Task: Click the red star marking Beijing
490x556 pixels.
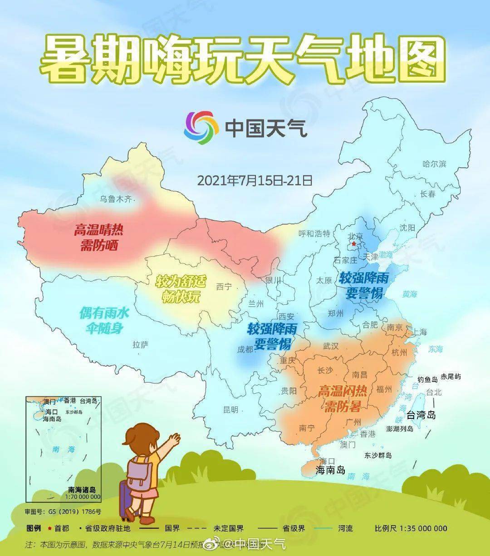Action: click(354, 244)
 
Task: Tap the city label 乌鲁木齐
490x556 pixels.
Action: click(118, 199)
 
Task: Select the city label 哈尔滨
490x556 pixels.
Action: click(434, 164)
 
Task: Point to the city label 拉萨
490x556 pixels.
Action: click(141, 345)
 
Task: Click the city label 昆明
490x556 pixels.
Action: click(230, 409)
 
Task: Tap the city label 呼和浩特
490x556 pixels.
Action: click(314, 234)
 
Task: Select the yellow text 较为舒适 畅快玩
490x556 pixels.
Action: click(180, 289)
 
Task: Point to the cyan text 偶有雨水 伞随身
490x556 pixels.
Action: click(104, 320)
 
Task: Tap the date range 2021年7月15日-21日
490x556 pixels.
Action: click(255, 180)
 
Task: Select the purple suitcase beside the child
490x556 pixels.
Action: click(125, 500)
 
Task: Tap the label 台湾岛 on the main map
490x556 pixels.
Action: click(421, 415)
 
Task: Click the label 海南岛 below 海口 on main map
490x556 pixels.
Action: click(330, 470)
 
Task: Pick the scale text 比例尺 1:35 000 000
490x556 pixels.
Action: click(411, 528)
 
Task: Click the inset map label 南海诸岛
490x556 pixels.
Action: click(82, 490)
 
